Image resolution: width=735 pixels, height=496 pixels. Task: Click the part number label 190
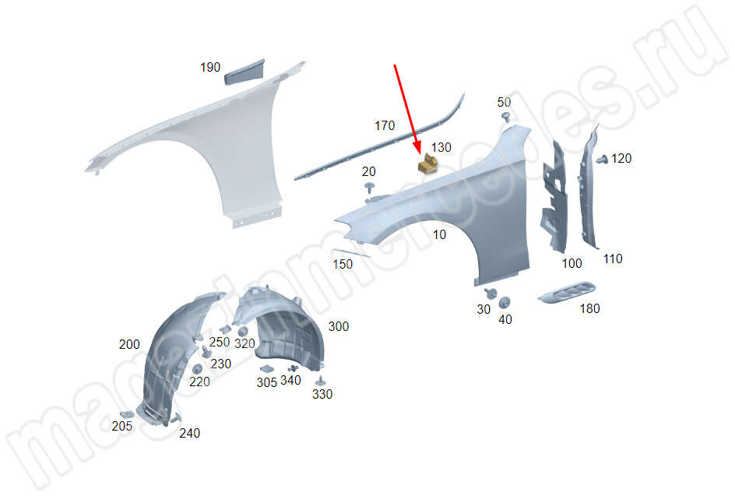(x=210, y=68)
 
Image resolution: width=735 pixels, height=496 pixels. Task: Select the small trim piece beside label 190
(x=244, y=72)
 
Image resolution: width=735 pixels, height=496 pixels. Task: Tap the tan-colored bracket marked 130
(x=428, y=164)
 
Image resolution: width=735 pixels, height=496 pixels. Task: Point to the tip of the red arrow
(x=419, y=154)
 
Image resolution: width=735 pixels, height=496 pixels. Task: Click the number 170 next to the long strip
(x=385, y=125)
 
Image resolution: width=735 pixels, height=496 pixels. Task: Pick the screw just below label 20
(x=369, y=188)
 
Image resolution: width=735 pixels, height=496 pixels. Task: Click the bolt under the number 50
(x=506, y=116)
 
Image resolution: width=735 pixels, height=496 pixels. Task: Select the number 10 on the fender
(x=439, y=234)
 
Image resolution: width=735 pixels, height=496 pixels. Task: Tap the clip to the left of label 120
(x=603, y=160)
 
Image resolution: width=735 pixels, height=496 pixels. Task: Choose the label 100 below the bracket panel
(x=571, y=263)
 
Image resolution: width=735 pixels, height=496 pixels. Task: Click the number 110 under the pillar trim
(x=613, y=259)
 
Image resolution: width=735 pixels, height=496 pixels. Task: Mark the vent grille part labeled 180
(x=567, y=292)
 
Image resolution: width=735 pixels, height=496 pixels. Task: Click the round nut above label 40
(x=505, y=302)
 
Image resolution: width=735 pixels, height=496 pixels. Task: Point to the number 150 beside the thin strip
(x=343, y=265)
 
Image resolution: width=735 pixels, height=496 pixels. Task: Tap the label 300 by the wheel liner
(x=339, y=326)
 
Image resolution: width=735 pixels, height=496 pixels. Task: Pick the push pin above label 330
(x=321, y=381)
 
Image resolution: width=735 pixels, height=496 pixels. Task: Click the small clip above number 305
(x=267, y=368)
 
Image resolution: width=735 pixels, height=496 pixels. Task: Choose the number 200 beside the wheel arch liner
(x=129, y=345)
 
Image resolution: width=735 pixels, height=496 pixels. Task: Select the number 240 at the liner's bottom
(x=190, y=433)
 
